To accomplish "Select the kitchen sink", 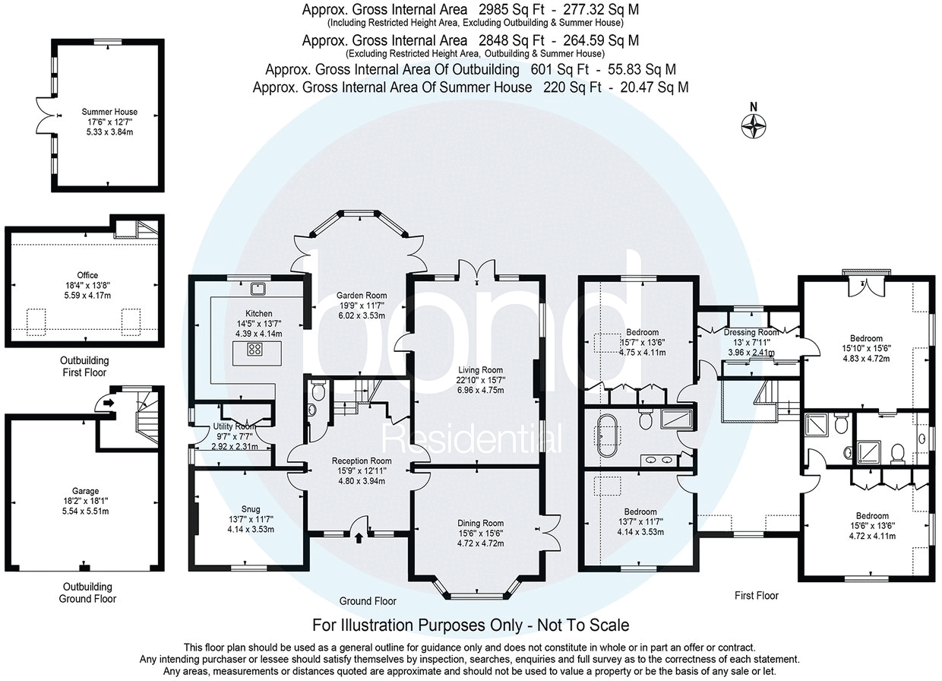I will (259, 287).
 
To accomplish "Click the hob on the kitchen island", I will (255, 350).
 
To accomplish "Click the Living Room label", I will (476, 370).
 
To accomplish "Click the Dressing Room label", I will (751, 332).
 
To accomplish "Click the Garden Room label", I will (362, 296).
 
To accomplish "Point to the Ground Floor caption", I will (368, 600).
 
